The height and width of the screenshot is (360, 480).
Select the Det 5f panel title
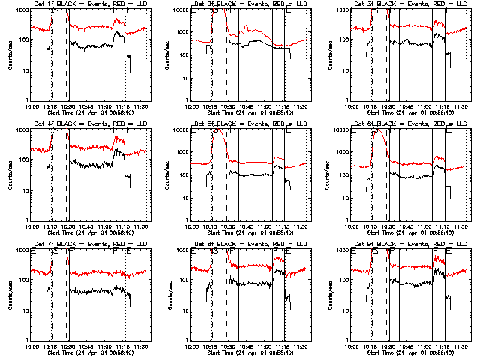(x=248, y=124)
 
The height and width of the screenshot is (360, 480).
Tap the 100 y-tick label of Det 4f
(x=23, y=160)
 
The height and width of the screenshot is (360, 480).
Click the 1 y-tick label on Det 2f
(x=187, y=100)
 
